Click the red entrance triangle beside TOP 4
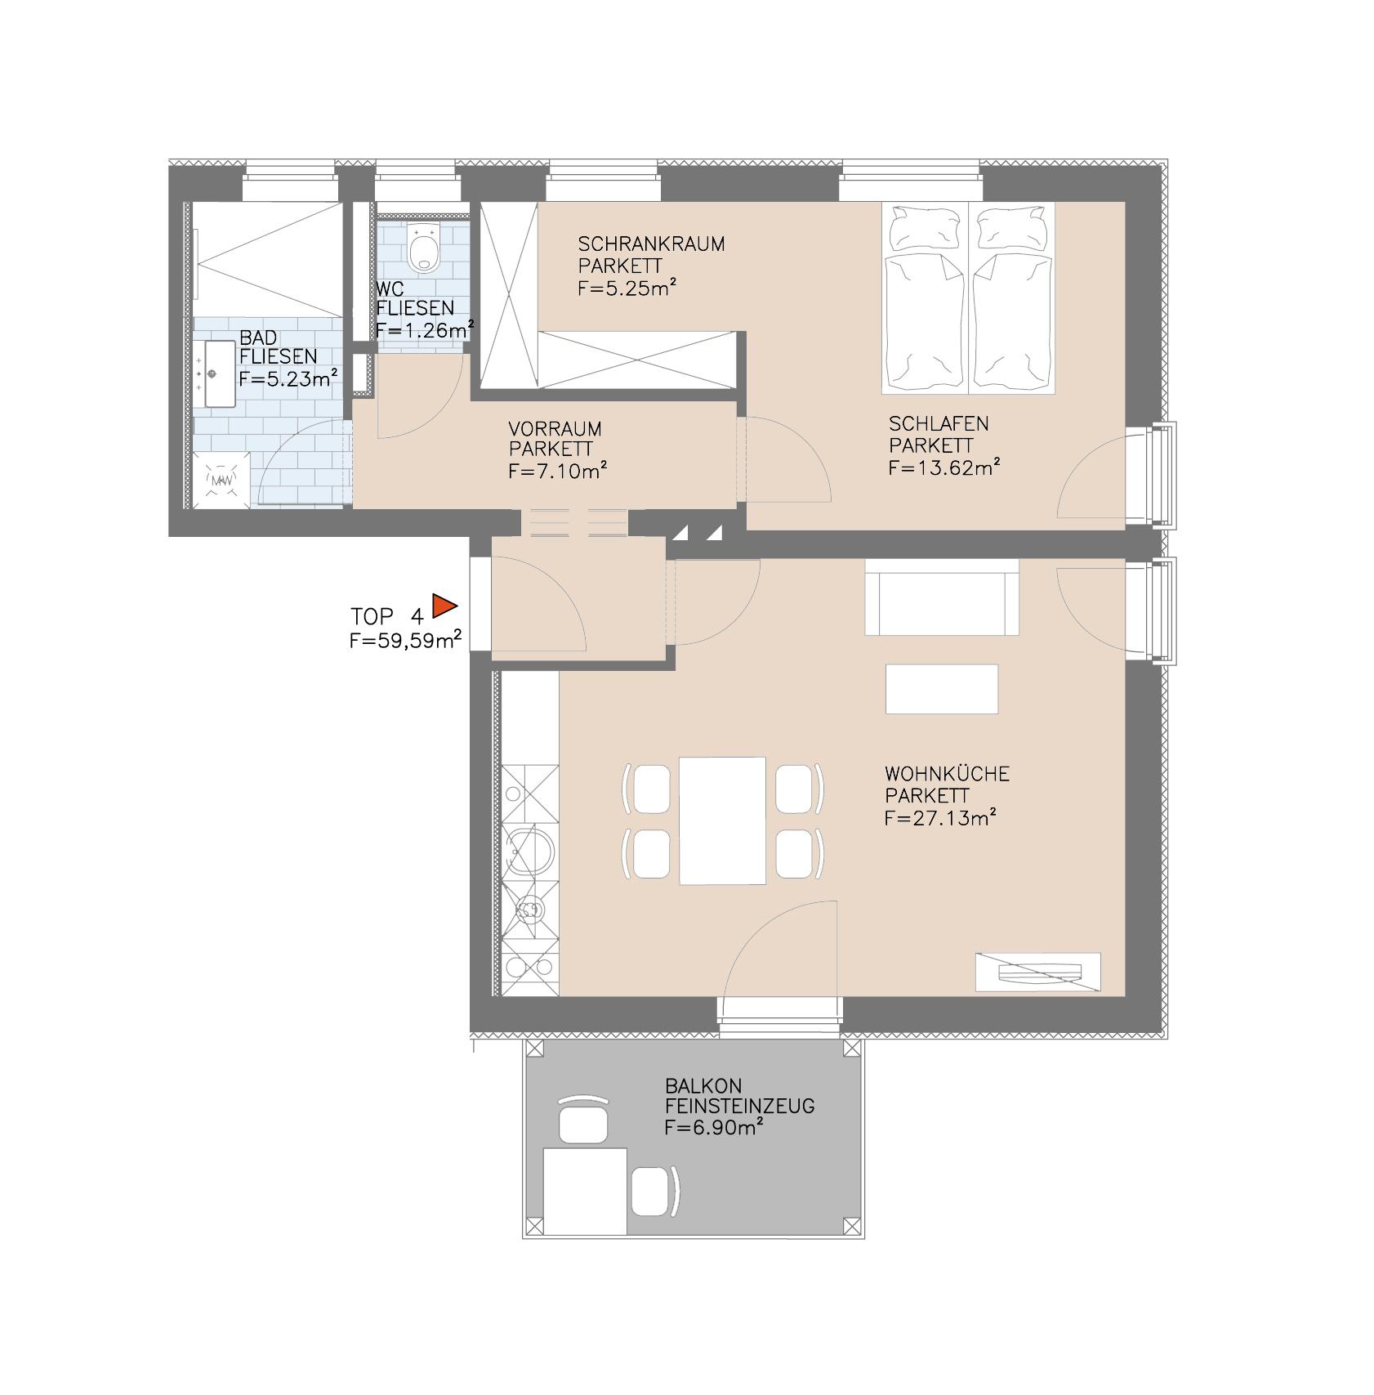[x=443, y=606]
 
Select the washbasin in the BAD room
[x=216, y=373]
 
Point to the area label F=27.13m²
[x=940, y=817]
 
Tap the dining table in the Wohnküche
[x=722, y=820]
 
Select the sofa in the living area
[x=942, y=597]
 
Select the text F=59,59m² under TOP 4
[x=406, y=642]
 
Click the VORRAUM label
[x=555, y=429]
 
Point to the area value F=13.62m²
[x=944, y=467]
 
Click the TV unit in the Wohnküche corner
[x=1038, y=972]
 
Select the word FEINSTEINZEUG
[x=739, y=1107]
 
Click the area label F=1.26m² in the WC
[x=425, y=330]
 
